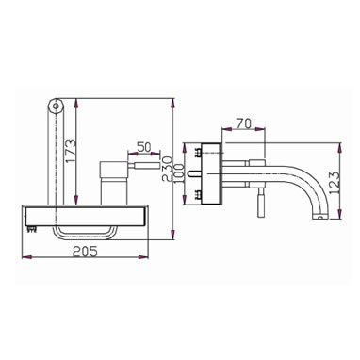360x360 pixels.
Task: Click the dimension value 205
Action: point(85,252)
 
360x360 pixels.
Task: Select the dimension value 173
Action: point(71,151)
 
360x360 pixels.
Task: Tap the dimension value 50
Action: point(144,147)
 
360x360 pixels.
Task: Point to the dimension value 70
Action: point(244,123)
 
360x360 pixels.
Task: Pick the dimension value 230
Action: point(168,169)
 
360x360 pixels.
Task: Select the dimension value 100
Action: point(179,174)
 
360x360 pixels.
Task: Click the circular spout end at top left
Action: point(56,106)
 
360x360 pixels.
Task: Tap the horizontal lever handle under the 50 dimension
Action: point(143,166)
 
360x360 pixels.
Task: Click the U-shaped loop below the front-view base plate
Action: point(83,237)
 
